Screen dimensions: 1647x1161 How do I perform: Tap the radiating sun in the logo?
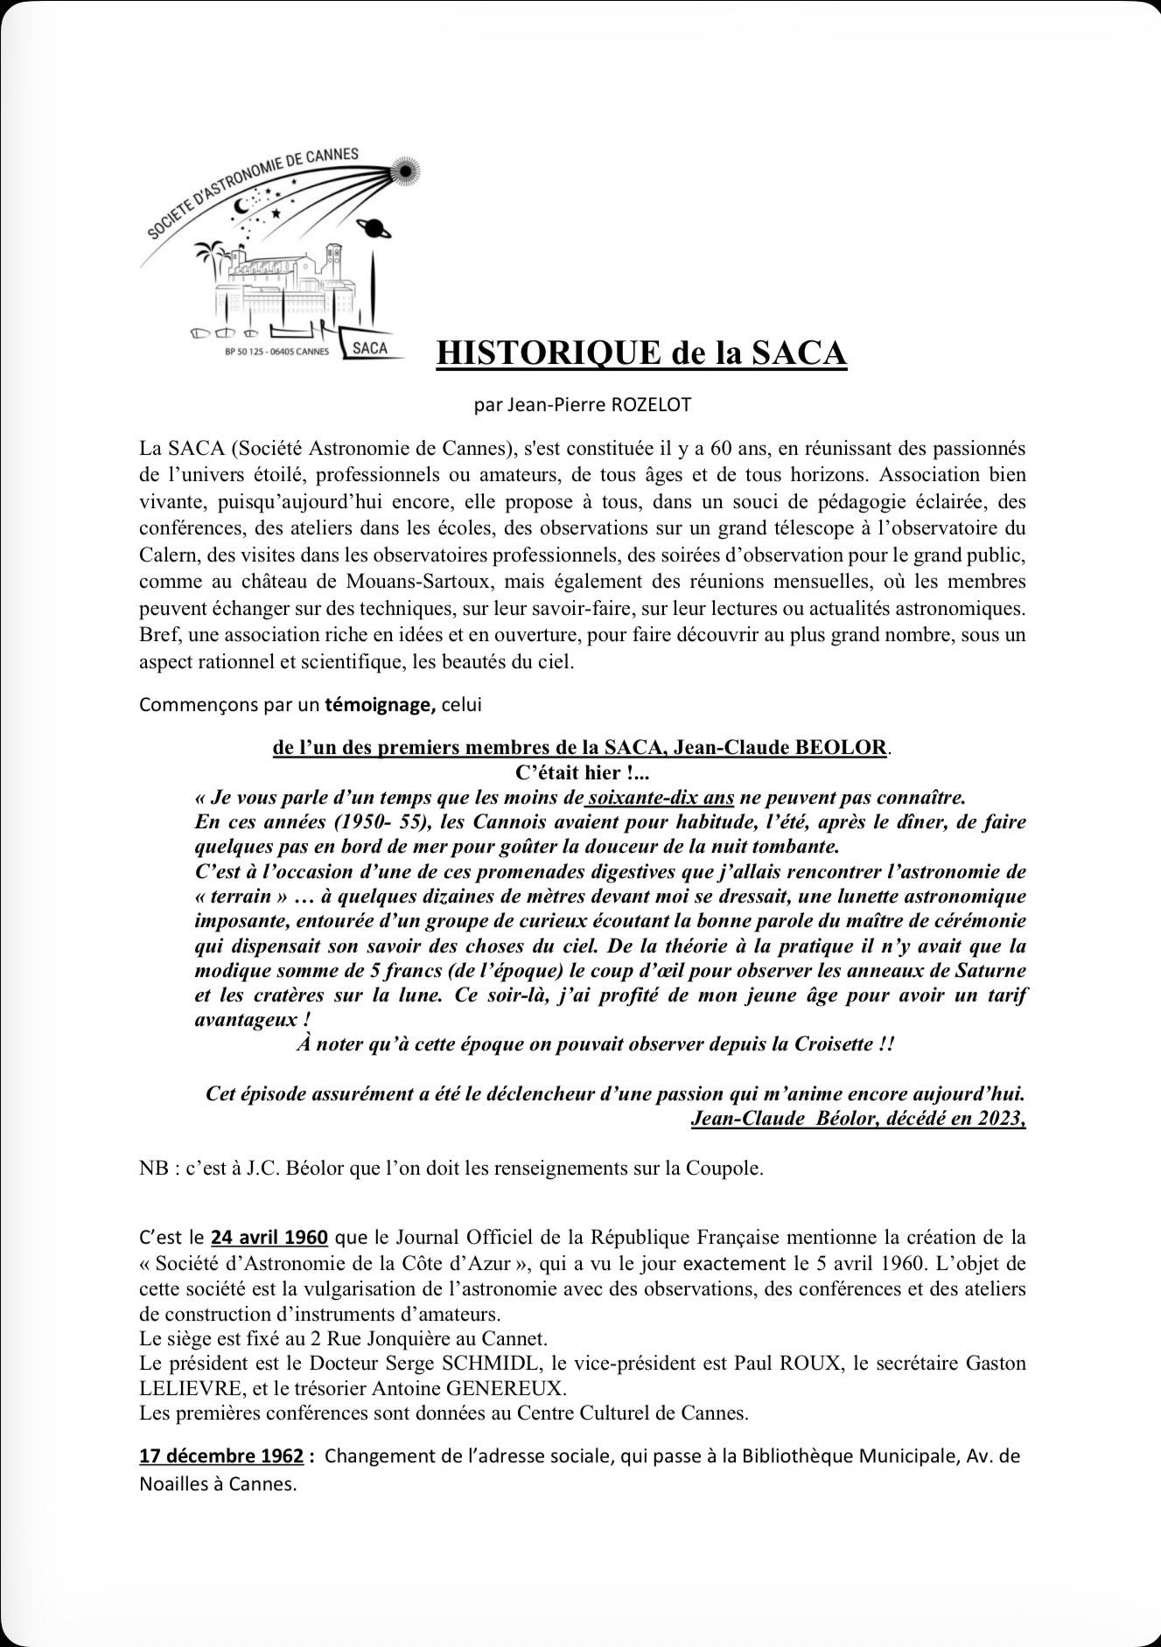[406, 173]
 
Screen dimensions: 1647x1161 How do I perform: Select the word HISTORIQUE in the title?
[548, 352]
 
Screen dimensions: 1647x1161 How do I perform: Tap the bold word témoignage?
[381, 705]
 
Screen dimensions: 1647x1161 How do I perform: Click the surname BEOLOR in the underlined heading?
[840, 748]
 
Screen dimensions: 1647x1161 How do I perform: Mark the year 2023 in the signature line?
[999, 1119]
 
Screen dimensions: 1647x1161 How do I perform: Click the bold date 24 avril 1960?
[269, 1238]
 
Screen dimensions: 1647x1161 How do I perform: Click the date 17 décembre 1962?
[221, 1457]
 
